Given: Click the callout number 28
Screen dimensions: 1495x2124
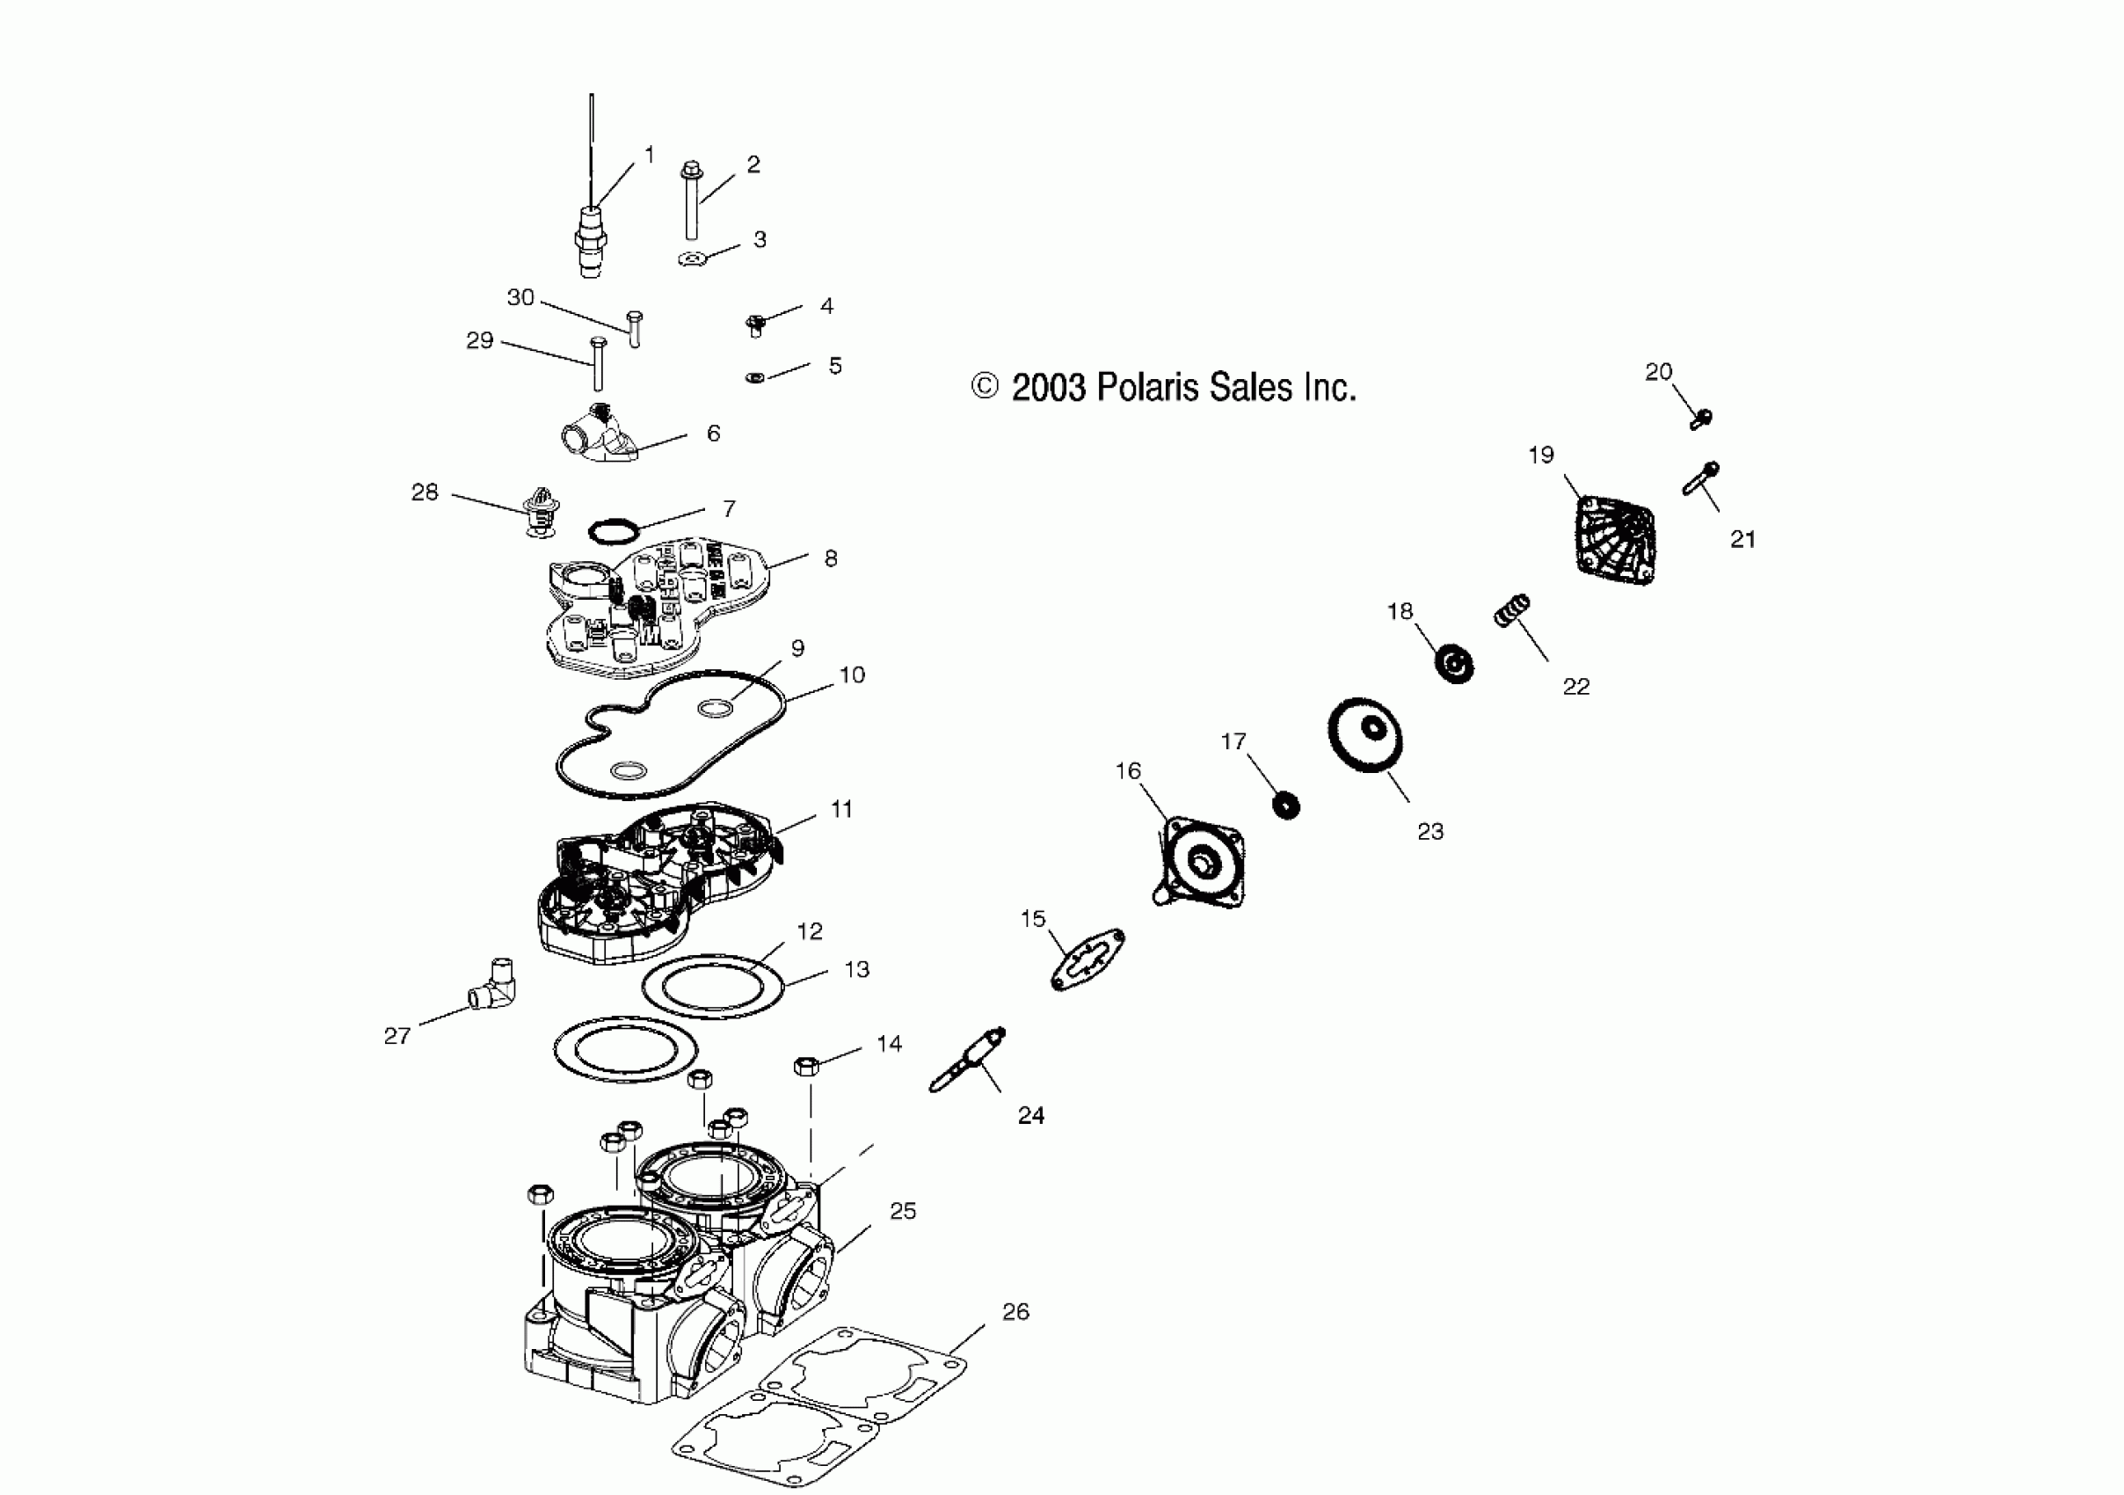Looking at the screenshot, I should click(x=425, y=492).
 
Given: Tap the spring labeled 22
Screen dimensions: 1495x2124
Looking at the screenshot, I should click(x=1512, y=610).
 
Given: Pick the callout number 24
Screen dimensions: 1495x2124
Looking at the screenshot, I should click(x=1030, y=1116).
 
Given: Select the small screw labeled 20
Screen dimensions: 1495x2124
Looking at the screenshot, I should click(x=1700, y=419).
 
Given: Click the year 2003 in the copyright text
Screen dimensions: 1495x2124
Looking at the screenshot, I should click(x=1049, y=388).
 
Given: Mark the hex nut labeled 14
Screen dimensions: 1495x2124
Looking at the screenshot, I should click(x=803, y=1066).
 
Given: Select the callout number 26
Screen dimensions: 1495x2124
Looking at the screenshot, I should click(x=1015, y=1311).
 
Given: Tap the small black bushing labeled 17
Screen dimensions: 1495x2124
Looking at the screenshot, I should click(x=1286, y=805).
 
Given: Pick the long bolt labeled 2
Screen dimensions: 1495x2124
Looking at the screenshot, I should click(x=690, y=201).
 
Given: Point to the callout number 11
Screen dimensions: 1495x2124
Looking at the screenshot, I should click(x=841, y=808).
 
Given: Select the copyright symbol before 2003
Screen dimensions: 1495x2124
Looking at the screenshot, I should click(x=986, y=387).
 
